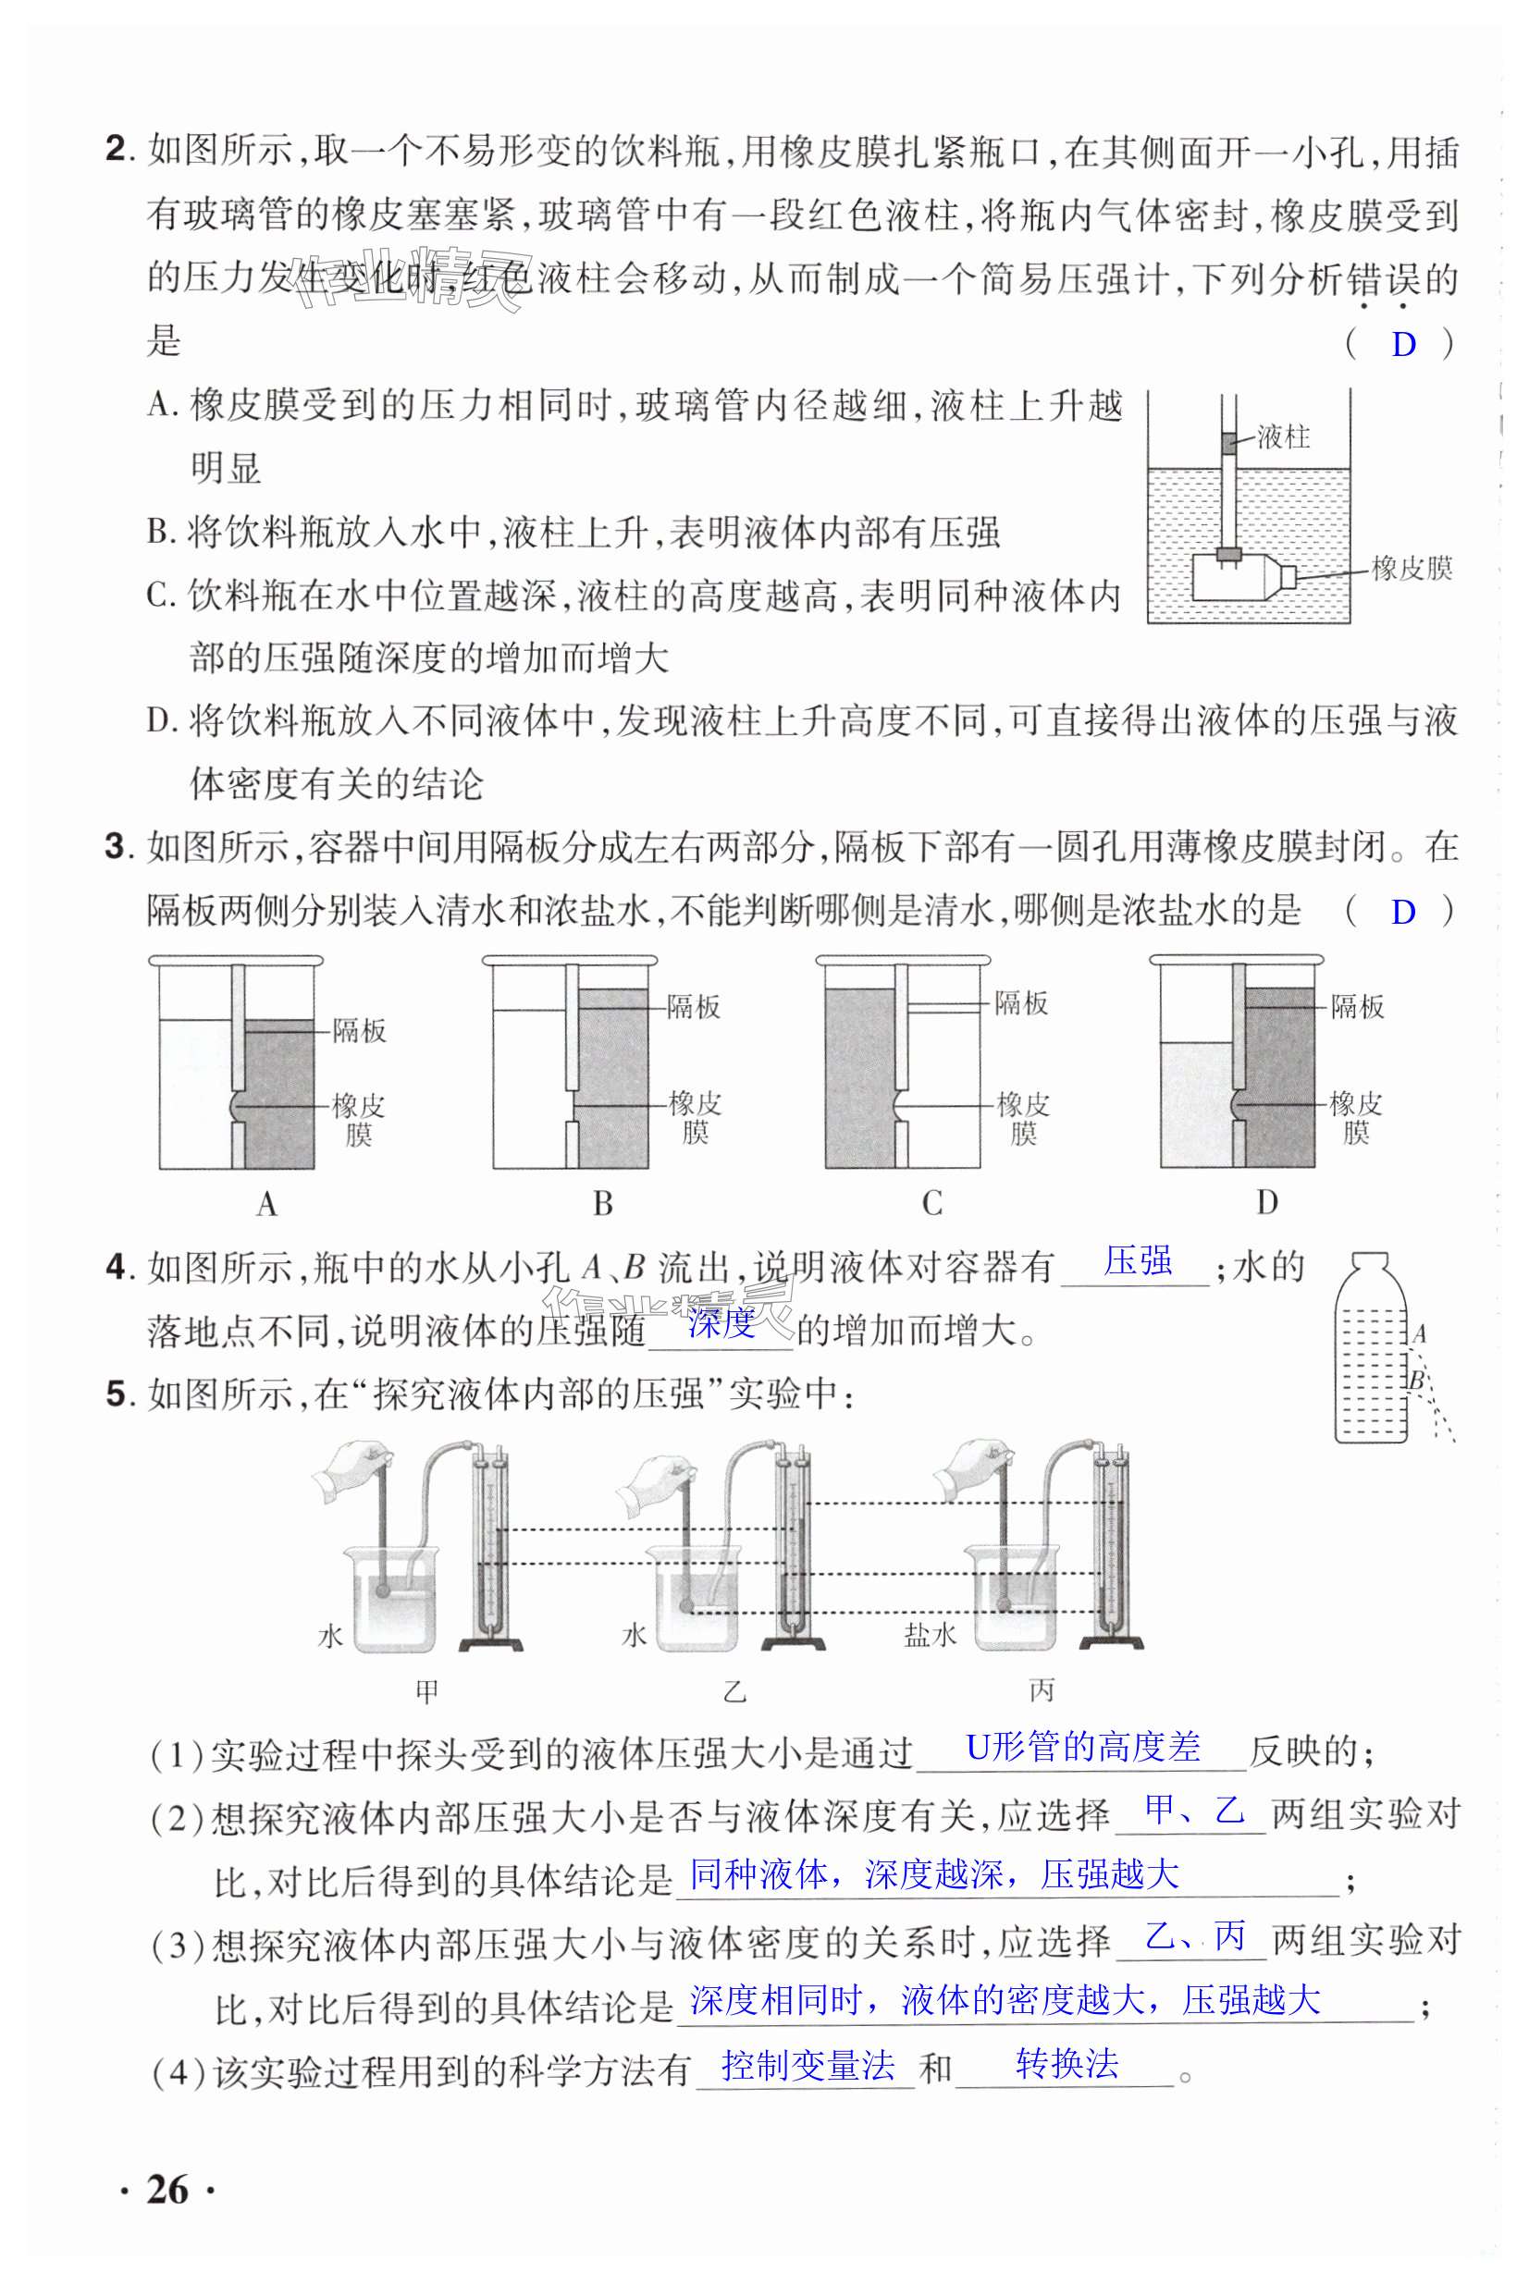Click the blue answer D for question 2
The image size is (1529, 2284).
coord(1403,344)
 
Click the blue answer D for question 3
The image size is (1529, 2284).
coord(1402,913)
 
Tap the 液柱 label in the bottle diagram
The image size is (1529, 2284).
coord(1282,436)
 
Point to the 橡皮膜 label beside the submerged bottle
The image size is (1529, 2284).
coord(1411,569)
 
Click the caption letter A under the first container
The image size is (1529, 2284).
coord(267,1205)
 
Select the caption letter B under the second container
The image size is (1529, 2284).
coord(603,1204)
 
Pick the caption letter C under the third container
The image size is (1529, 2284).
coord(932,1204)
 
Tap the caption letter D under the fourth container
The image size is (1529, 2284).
coord(1266,1203)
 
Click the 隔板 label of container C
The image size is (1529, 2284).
coord(1021,1002)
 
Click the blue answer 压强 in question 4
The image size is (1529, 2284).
coord(1138,1261)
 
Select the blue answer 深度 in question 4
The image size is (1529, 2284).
coord(721,1323)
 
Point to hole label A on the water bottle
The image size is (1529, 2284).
coord(1420,1333)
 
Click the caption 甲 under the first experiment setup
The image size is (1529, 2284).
coord(427,1691)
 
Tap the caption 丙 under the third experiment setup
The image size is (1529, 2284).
coord(1042,1690)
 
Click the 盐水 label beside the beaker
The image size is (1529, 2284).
coord(930,1635)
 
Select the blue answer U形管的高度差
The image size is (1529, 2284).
coord(1082,1746)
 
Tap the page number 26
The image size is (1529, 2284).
coord(166,2190)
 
